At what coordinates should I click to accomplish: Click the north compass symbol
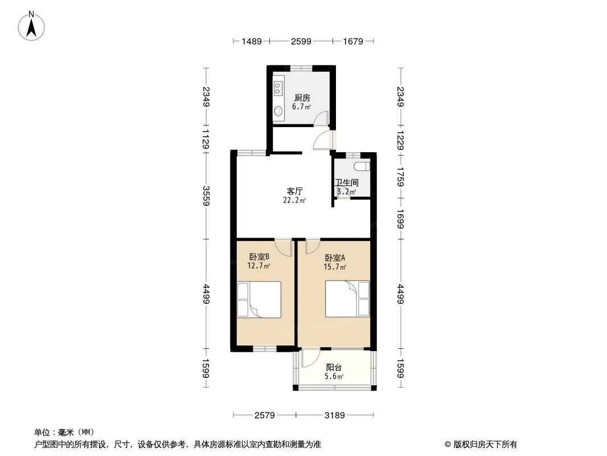[31, 26]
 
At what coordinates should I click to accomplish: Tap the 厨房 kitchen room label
[302, 97]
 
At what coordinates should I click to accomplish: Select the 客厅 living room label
[294, 191]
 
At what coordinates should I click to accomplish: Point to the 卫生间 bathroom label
[346, 182]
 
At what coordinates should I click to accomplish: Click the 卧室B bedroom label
[259, 256]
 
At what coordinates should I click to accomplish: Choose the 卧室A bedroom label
[335, 258]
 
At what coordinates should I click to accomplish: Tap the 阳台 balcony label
[334, 367]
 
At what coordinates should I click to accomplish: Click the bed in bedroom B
[259, 300]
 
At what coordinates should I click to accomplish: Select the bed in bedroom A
[347, 299]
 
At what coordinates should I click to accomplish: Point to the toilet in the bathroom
[362, 166]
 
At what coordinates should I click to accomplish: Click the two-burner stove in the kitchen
[278, 88]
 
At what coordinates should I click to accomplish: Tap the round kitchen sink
[278, 112]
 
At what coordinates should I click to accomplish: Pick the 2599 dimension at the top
[301, 41]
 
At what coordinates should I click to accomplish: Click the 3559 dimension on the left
[206, 196]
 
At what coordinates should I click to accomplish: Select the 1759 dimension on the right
[401, 177]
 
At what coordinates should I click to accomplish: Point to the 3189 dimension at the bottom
[334, 416]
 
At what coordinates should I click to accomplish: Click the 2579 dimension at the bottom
[264, 416]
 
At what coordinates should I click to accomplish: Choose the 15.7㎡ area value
[335, 267]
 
